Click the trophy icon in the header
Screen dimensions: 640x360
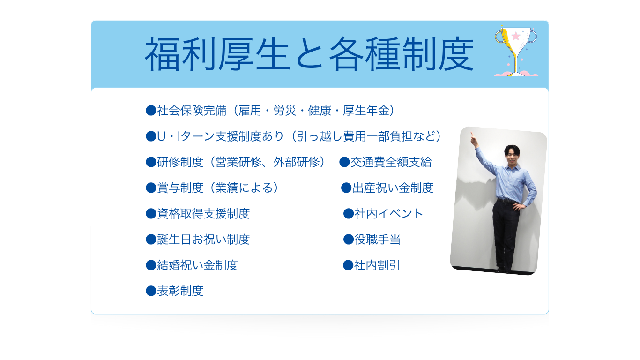tap(516, 51)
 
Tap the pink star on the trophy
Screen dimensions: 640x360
tap(516, 36)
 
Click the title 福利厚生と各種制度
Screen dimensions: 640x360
tap(309, 54)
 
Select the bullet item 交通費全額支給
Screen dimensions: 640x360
tap(386, 162)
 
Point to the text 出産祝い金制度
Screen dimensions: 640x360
tap(387, 188)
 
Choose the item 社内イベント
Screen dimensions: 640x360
tap(383, 214)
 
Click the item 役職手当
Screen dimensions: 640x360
tap(372, 240)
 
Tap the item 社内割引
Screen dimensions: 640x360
tap(372, 265)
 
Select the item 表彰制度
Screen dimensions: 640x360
tap(175, 291)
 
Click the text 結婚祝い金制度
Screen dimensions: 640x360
tap(192, 265)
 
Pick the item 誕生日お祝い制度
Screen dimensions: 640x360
tap(198, 240)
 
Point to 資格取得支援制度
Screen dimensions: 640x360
tap(198, 214)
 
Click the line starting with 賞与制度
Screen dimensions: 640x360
tap(213, 188)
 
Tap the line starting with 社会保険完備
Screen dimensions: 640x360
tap(271, 111)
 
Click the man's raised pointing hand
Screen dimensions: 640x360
tap(474, 139)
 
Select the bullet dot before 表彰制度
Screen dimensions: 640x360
tap(151, 291)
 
